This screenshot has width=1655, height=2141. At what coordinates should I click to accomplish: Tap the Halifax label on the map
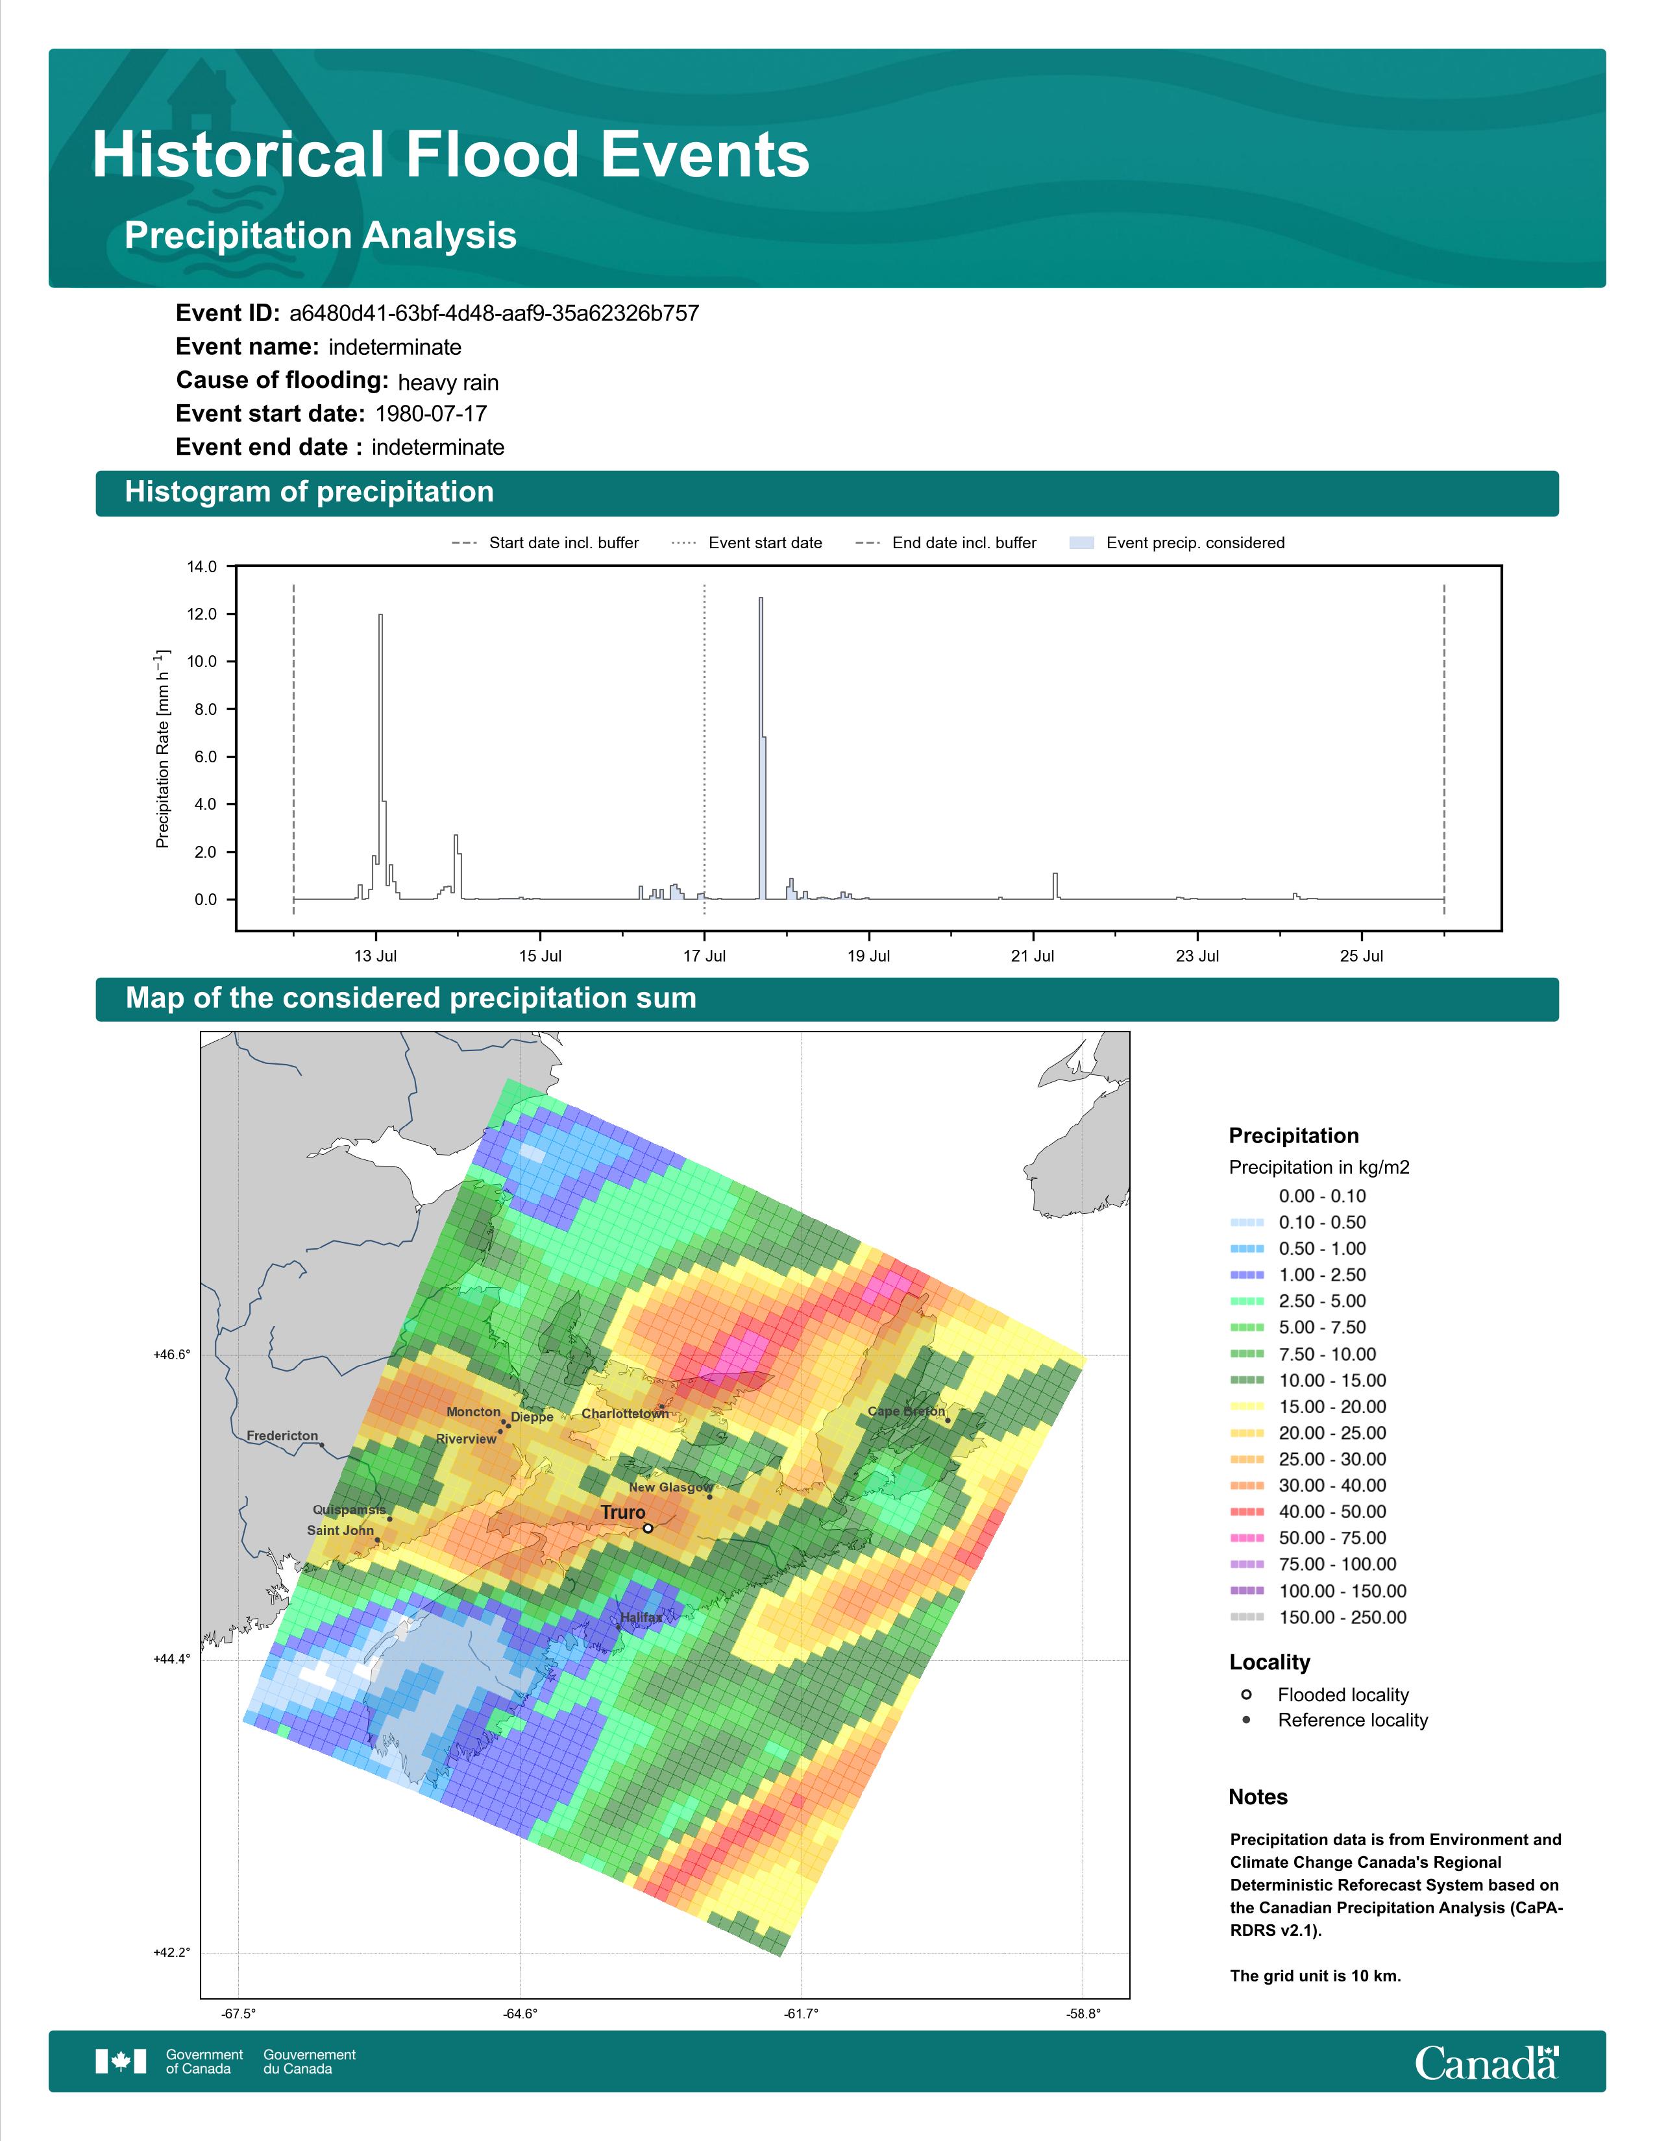tap(641, 1617)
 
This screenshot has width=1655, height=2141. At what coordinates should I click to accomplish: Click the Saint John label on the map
tap(340, 1530)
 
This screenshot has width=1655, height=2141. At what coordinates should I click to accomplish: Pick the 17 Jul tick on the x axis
tap(704, 956)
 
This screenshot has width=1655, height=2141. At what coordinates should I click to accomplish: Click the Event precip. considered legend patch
tap(1081, 543)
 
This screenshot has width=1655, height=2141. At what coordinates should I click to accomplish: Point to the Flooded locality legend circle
tap(1246, 1695)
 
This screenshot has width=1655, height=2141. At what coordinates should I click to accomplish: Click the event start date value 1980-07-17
tap(432, 414)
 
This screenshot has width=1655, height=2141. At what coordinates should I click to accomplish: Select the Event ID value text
tap(494, 314)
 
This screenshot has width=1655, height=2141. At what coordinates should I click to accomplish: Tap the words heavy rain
tap(448, 382)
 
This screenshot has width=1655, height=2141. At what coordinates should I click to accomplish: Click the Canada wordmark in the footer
tap(1486, 2064)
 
